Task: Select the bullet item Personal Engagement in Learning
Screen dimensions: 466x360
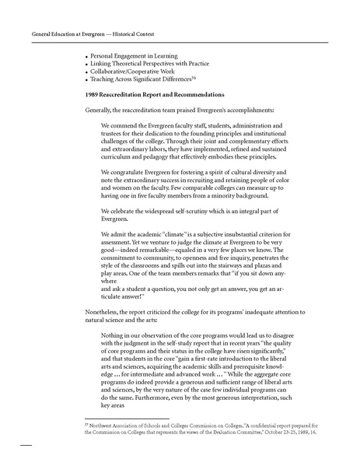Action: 133,56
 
